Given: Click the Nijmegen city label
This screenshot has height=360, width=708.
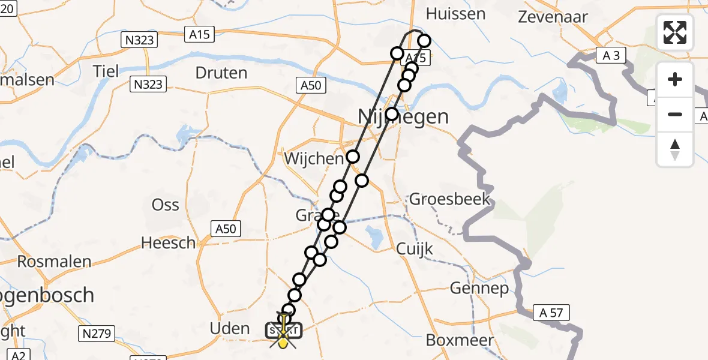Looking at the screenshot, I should pyautogui.click(x=403, y=116).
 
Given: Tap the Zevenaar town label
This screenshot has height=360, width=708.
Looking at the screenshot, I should pyautogui.click(x=553, y=16).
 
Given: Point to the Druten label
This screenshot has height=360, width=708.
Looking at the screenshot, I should pyautogui.click(x=221, y=73).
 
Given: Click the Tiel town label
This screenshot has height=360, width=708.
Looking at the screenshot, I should pyautogui.click(x=106, y=71).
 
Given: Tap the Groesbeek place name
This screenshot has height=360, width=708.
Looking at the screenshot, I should pyautogui.click(x=450, y=199).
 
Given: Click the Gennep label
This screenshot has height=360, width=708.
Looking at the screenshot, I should pyautogui.click(x=479, y=289).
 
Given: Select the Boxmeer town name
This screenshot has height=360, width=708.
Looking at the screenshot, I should pyautogui.click(x=460, y=340).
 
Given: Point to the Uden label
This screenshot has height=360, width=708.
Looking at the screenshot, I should pyautogui.click(x=231, y=328).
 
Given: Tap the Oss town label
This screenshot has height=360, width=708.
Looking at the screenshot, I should pyautogui.click(x=166, y=205).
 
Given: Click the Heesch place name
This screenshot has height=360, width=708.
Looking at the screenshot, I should pyautogui.click(x=168, y=243).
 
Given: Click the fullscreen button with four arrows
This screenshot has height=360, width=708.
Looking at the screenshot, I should pyautogui.click(x=675, y=32).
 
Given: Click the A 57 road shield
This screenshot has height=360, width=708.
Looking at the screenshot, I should pyautogui.click(x=551, y=312).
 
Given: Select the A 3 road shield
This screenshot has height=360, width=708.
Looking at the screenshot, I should pyautogui.click(x=611, y=56).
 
